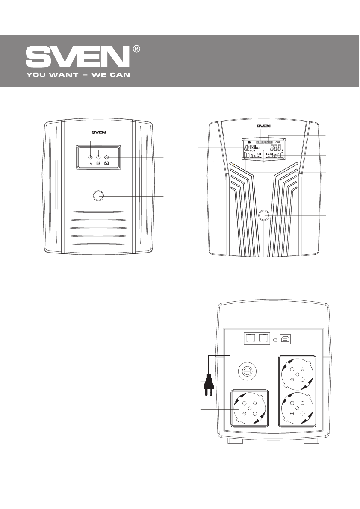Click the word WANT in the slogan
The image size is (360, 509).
[x=60, y=74]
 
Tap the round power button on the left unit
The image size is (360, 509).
[x=98, y=196]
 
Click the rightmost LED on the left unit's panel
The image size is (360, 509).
[x=107, y=157]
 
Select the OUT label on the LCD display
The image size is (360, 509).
[x=277, y=142]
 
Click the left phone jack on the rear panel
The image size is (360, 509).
[x=249, y=338]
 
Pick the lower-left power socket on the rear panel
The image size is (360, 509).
[x=250, y=408]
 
